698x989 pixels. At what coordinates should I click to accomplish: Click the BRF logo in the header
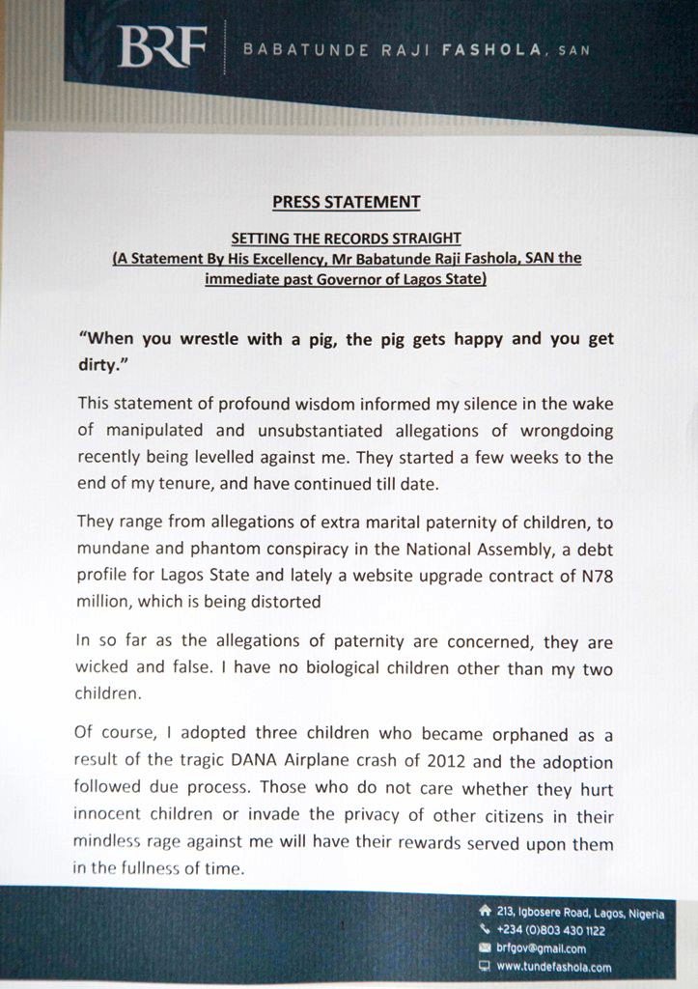coord(161,46)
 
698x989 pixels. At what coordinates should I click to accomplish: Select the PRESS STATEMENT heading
coord(346,203)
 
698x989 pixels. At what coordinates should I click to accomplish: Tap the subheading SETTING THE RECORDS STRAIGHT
coord(346,238)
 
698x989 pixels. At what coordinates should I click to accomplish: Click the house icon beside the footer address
coord(485,911)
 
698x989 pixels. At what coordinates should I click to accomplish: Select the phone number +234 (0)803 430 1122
coord(550,930)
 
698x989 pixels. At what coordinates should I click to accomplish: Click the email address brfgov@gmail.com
coord(541,948)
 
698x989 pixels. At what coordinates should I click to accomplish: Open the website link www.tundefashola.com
coord(553,967)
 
